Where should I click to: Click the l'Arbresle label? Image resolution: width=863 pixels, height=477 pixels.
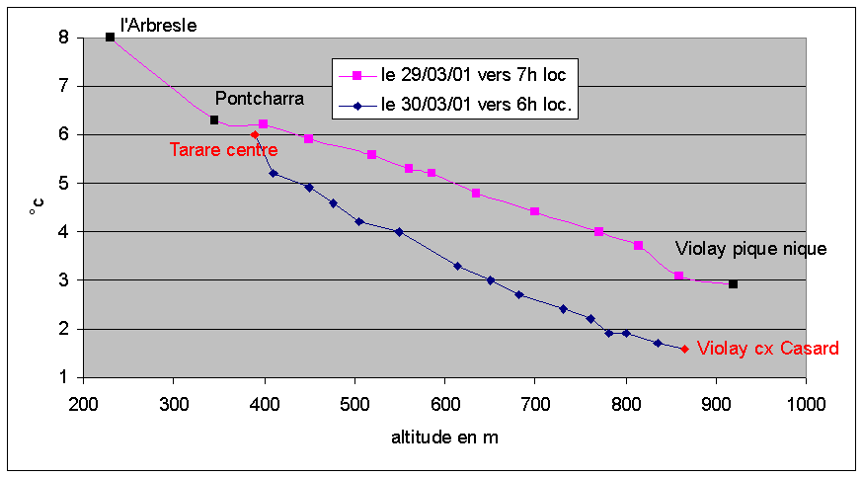pyautogui.click(x=158, y=26)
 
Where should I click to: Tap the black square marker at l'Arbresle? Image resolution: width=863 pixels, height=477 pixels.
pyautogui.click(x=110, y=38)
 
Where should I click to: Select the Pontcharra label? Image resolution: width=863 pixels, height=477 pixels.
pyautogui.click(x=260, y=99)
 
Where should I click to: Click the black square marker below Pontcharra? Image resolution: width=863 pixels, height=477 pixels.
pyautogui.click(x=214, y=120)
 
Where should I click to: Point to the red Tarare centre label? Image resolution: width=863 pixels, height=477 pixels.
pyautogui.click(x=223, y=150)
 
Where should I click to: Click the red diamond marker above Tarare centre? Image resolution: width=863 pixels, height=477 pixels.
pyautogui.click(x=255, y=134)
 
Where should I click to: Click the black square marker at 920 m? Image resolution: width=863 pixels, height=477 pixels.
pyautogui.click(x=733, y=284)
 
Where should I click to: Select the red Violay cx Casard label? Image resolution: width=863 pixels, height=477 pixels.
pyautogui.click(x=768, y=349)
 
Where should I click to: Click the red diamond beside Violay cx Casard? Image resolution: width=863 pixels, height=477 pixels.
pyautogui.click(x=684, y=349)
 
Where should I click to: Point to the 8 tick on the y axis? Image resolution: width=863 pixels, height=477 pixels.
pyautogui.click(x=63, y=38)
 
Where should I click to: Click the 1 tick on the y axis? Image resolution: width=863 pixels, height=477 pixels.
pyautogui.click(x=63, y=377)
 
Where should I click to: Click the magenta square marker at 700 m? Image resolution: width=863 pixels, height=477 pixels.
pyautogui.click(x=534, y=211)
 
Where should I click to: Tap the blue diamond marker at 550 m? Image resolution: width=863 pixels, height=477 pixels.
pyautogui.click(x=399, y=232)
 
